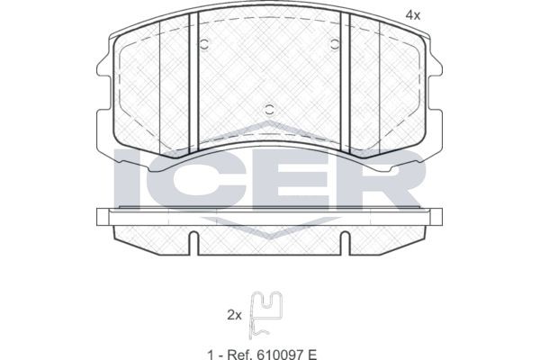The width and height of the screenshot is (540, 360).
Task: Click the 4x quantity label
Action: tap(413, 15)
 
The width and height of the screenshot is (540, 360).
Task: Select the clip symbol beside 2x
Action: tap(265, 315)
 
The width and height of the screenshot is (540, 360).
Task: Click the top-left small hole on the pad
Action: tap(204, 44)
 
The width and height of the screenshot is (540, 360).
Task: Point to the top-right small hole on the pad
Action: tap(335, 44)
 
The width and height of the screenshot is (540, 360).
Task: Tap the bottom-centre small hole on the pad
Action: tap(270, 110)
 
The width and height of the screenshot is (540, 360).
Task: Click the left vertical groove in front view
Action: tap(193, 83)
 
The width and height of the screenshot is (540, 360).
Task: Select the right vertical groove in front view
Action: tap(345, 83)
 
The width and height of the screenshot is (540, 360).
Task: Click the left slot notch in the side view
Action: tap(193, 243)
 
